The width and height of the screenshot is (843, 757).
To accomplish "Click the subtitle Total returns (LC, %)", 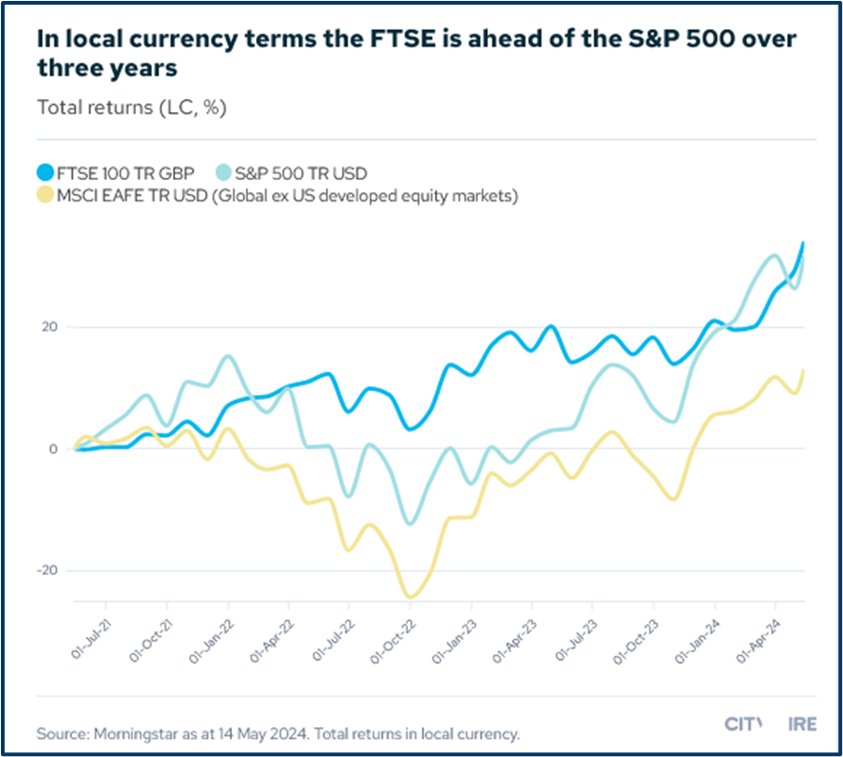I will (x=131, y=107).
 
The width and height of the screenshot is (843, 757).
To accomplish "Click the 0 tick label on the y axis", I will (x=53, y=449).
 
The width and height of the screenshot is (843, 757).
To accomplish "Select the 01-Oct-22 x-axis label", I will (x=395, y=640).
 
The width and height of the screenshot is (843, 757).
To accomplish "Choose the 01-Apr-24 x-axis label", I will (x=760, y=640).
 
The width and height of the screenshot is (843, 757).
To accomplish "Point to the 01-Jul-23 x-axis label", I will (x=578, y=640).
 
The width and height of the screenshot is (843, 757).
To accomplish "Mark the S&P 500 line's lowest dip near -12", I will (x=411, y=523).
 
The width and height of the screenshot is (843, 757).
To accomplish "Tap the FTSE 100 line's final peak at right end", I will (x=803, y=243).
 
